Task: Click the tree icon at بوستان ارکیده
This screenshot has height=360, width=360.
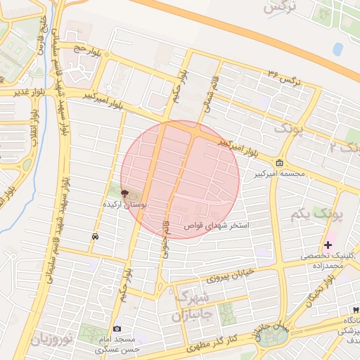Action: click(x=124, y=193)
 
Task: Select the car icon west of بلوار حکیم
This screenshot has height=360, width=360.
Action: click(x=95, y=238)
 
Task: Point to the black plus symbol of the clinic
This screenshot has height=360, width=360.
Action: click(x=328, y=245)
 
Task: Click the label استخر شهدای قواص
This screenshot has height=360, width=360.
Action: click(x=217, y=226)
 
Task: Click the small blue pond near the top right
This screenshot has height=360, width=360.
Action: click(x=338, y=49)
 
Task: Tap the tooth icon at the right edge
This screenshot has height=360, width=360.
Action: click(x=356, y=310)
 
